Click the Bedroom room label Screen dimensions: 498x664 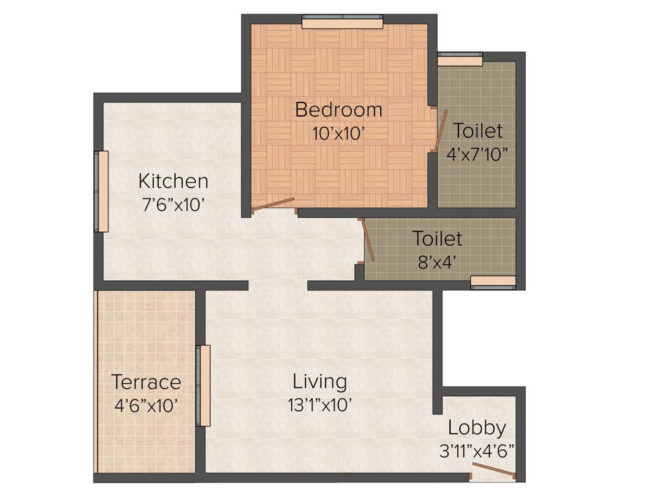[338, 110]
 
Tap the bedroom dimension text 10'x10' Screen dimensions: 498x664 [338, 134]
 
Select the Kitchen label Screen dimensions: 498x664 [174, 181]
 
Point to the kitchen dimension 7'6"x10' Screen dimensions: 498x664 [174, 206]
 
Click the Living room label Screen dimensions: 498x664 [320, 381]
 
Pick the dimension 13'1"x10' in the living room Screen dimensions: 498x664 [320, 406]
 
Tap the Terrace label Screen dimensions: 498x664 [146, 381]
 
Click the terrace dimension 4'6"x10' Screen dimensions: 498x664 [146, 407]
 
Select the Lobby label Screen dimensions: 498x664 [477, 428]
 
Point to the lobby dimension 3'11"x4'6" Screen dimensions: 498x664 [477, 451]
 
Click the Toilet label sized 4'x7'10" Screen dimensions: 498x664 [477, 131]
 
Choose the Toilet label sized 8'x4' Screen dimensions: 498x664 [438, 239]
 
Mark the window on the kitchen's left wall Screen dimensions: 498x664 [102, 191]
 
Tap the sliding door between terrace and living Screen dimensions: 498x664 [203, 385]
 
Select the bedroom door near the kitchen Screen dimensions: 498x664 [273, 205]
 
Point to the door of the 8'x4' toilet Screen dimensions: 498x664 [367, 241]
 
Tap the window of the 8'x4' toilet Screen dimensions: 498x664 [493, 281]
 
